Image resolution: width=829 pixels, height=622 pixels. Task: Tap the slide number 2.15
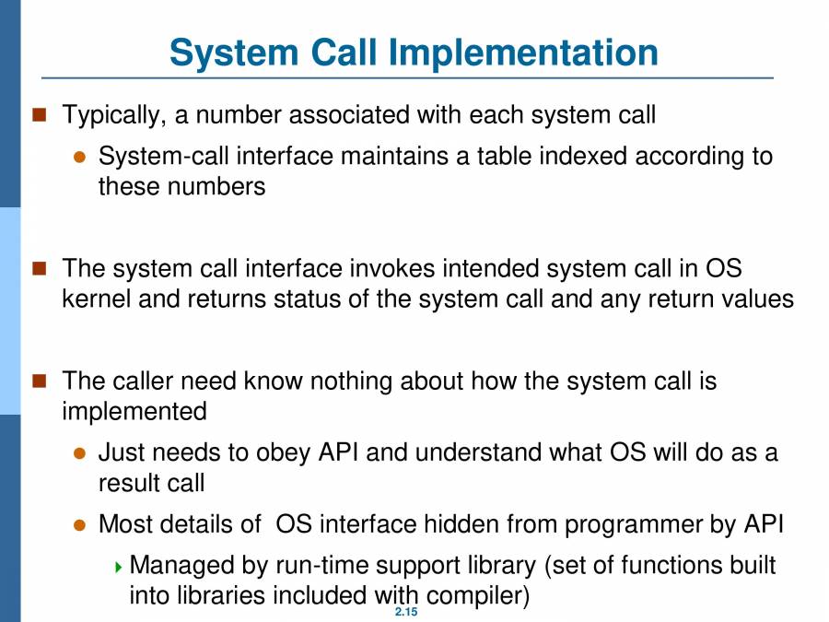point(406,612)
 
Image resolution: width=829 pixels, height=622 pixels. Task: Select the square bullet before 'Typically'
point(39,114)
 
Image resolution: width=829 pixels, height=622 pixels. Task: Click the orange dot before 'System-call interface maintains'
point(80,157)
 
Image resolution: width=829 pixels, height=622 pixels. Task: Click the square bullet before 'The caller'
point(39,381)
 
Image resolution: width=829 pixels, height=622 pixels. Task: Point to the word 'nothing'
point(351,381)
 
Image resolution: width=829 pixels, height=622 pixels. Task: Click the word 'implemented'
point(134,412)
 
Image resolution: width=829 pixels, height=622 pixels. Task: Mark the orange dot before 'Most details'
point(80,525)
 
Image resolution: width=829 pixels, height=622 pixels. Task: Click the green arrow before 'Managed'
point(118,568)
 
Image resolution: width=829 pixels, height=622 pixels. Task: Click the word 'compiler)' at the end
point(478,596)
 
